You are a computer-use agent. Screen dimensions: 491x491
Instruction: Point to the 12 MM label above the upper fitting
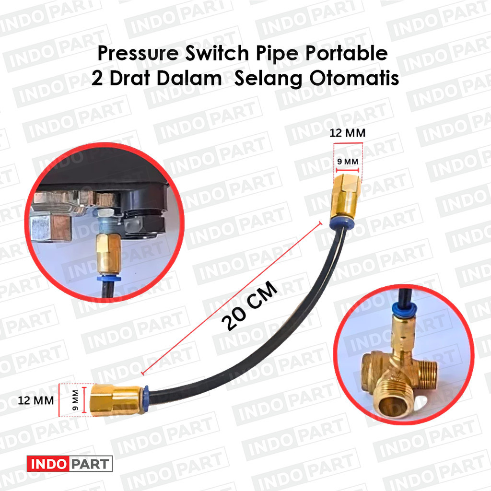(348, 133)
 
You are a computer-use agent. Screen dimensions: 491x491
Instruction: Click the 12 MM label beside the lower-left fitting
(36, 399)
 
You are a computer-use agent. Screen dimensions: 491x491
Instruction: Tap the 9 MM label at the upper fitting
(348, 163)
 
